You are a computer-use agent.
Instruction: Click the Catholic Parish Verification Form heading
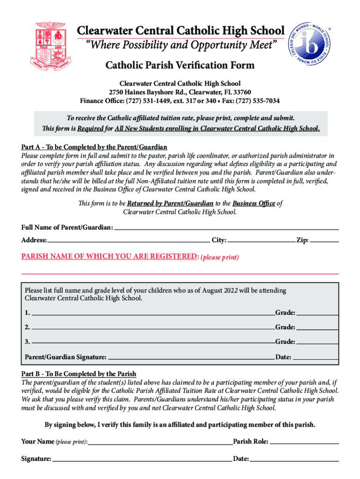(180, 65)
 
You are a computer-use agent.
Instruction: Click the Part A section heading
(94, 147)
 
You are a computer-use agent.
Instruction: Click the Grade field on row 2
(317, 327)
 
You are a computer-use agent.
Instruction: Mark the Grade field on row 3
(317, 341)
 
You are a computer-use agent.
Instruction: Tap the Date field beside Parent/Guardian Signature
(316, 357)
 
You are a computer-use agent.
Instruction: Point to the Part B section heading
(79, 374)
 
